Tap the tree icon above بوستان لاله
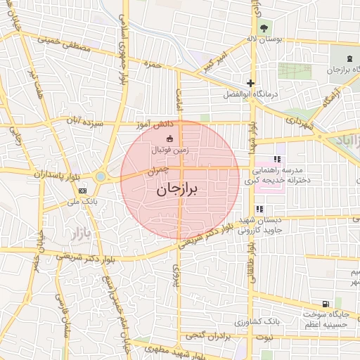(264, 28)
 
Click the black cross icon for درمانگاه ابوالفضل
(250, 82)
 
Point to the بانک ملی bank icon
(83, 190)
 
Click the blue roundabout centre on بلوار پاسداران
(101, 176)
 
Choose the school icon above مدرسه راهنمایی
(278, 159)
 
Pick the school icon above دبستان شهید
(259, 209)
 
